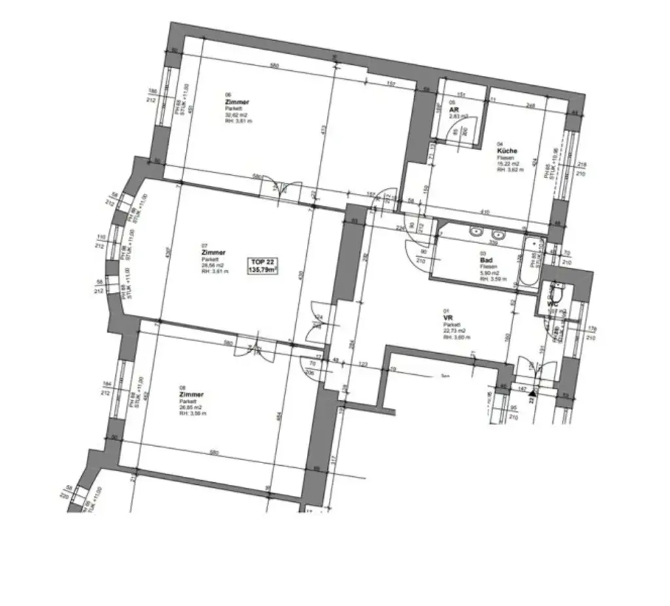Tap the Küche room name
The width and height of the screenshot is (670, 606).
(507, 151)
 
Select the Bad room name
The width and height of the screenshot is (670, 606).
(486, 260)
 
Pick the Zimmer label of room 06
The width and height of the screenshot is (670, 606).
(236, 103)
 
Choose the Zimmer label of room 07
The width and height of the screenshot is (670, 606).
(213, 252)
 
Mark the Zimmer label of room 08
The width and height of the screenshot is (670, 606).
(191, 395)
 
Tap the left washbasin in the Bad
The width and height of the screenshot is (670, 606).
(475, 231)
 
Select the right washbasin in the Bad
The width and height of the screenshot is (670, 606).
(498, 234)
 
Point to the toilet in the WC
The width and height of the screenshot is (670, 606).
(557, 288)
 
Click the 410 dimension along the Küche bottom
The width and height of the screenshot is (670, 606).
(484, 212)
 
